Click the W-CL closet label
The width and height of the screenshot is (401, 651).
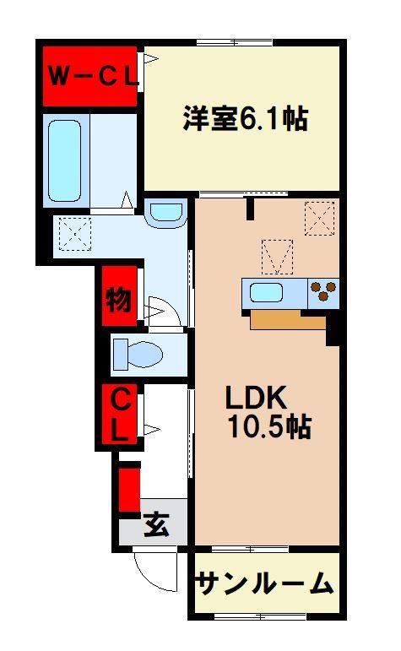tap(90, 76)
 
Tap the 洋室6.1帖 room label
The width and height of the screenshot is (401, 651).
tap(245, 118)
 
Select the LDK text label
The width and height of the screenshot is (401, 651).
tap(257, 397)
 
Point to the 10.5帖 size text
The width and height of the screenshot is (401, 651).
tap(268, 427)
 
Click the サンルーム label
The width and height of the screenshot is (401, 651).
tap(265, 583)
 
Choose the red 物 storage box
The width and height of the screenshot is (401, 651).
tap(118, 299)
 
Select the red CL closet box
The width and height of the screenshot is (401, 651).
tap(118, 414)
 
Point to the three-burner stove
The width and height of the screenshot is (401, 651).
tap(323, 293)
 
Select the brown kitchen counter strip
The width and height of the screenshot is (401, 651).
tap(287, 319)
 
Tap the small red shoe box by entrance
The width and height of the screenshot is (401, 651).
tap(128, 489)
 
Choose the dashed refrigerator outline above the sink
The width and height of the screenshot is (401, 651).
tap(276, 256)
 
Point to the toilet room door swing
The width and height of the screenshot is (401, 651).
tap(162, 310)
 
